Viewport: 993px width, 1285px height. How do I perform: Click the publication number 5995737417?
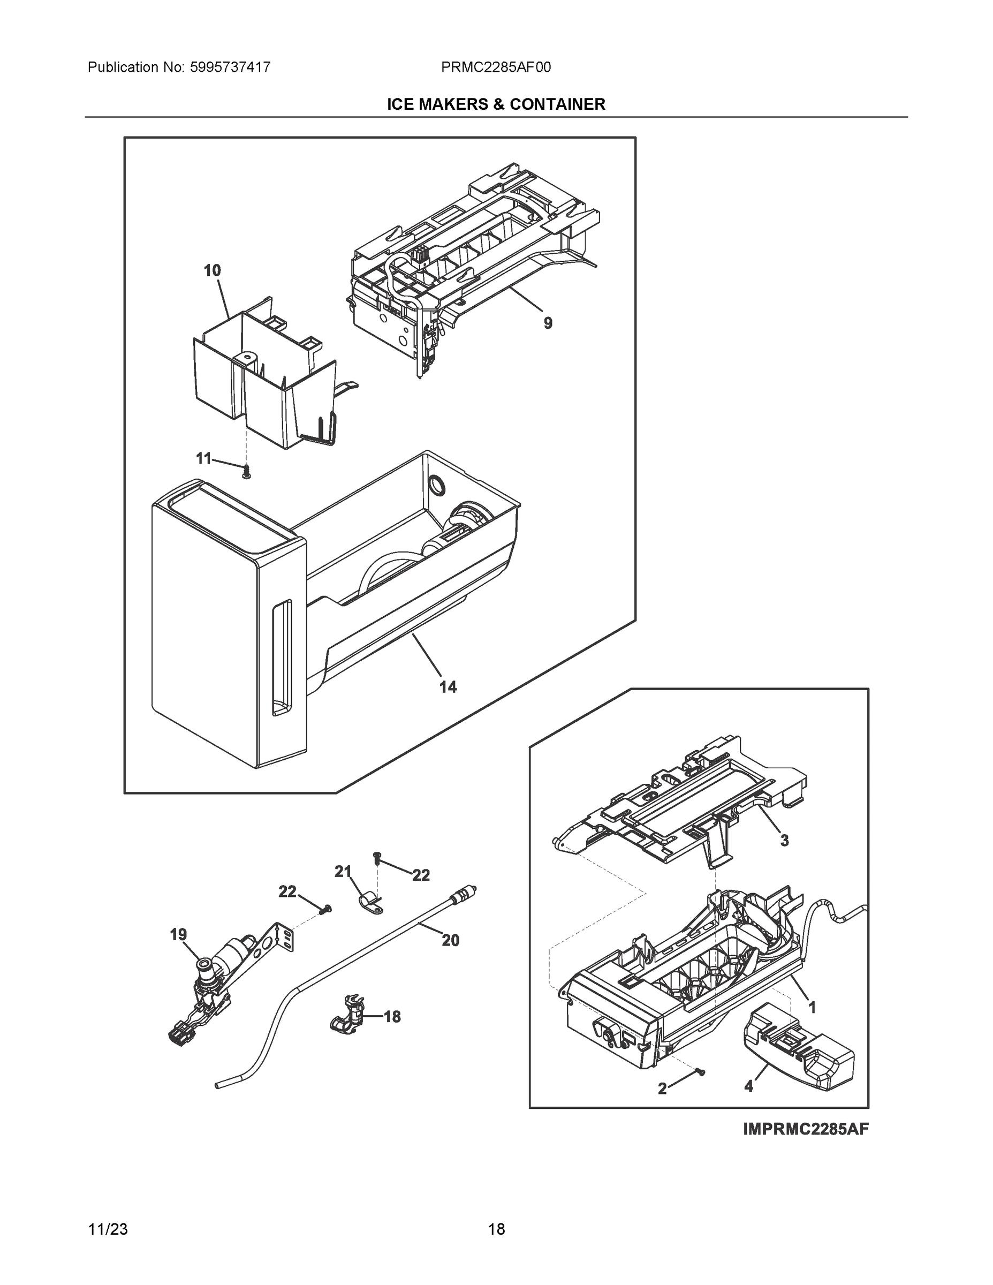pyautogui.click(x=230, y=67)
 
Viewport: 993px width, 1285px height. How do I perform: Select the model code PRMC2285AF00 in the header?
pyautogui.click(x=495, y=67)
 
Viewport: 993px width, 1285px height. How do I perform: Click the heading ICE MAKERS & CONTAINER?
pyautogui.click(x=495, y=105)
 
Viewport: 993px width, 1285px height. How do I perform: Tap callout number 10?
pyautogui.click(x=213, y=270)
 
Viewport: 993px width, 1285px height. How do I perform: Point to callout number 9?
pyautogui.click(x=548, y=323)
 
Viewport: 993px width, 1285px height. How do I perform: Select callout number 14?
pyautogui.click(x=448, y=686)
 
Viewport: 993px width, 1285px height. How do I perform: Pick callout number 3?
pyautogui.click(x=784, y=841)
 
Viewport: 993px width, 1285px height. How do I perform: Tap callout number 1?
pyautogui.click(x=812, y=1007)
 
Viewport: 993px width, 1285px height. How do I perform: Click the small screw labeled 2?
pyautogui.click(x=700, y=1072)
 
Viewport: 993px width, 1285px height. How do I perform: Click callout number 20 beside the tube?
pyautogui.click(x=451, y=941)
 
